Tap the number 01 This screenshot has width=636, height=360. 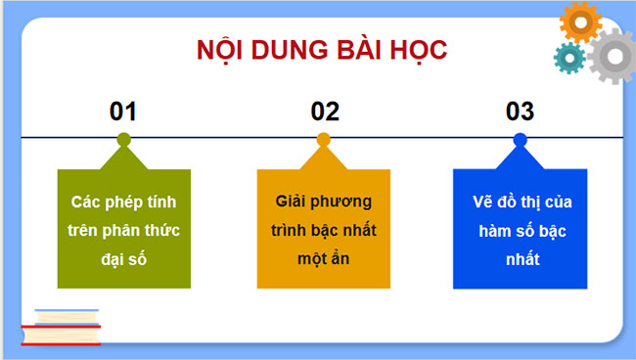coord(123,112)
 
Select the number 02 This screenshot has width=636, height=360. coord(324,112)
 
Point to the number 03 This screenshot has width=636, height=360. coord(520,112)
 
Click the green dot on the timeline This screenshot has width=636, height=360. coord(123,139)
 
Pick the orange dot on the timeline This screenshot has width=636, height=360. coord(324,139)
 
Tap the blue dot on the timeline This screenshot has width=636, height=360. coord(520,139)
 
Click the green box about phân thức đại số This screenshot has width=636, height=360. coord(123,227)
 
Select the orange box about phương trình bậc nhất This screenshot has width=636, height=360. coord(324,228)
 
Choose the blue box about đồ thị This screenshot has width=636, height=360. coord(520,228)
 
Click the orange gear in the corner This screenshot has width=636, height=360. coord(580,22)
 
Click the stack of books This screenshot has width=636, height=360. coord(62,327)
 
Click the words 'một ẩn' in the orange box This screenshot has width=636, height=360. coord(323,258)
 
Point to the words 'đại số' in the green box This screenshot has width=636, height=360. coord(123,258)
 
